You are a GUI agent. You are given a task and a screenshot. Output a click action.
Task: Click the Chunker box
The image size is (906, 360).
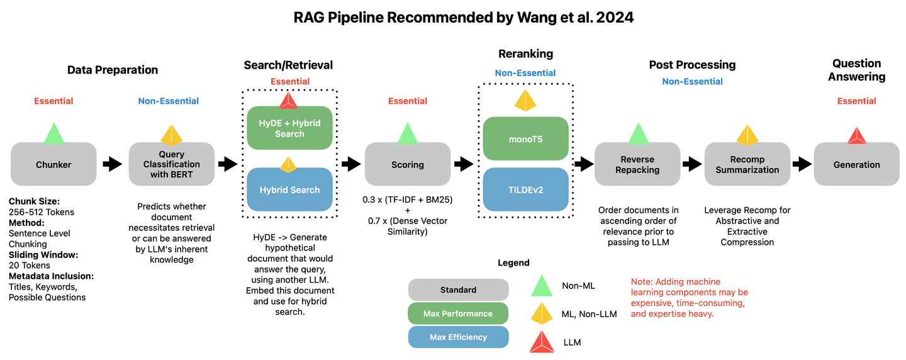pyautogui.click(x=53, y=164)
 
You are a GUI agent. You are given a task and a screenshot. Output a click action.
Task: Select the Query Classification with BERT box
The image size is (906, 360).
pyautogui.click(x=171, y=164)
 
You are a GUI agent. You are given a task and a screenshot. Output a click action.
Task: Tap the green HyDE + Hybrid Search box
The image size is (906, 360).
pyautogui.click(x=289, y=128)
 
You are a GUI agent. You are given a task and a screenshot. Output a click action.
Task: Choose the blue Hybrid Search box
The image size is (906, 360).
pyautogui.click(x=289, y=189)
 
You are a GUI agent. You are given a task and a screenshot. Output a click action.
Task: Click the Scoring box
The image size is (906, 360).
pyautogui.click(x=408, y=164)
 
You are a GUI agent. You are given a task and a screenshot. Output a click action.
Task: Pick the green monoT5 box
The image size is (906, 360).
pyautogui.click(x=526, y=138)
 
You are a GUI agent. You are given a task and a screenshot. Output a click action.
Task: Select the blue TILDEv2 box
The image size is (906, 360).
pyautogui.click(x=526, y=189)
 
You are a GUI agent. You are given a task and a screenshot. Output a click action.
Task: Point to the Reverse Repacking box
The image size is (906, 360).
pyautogui.click(x=637, y=164)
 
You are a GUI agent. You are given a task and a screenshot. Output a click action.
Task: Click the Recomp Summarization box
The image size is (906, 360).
pyautogui.click(x=747, y=164)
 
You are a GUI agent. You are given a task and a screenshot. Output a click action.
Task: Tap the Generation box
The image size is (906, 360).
pyautogui.click(x=856, y=164)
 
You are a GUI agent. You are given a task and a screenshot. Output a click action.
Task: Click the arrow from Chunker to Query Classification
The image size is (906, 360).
pyautogui.click(x=113, y=164)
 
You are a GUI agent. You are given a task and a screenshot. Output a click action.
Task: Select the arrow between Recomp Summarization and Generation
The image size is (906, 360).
pyautogui.click(x=802, y=164)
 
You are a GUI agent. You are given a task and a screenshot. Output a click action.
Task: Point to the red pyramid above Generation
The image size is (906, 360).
pyautogui.click(x=856, y=135)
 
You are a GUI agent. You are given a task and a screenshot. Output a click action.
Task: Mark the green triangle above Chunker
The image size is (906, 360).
pyautogui.click(x=53, y=133)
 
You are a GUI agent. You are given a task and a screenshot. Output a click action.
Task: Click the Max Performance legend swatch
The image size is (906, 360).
pyautogui.click(x=458, y=313)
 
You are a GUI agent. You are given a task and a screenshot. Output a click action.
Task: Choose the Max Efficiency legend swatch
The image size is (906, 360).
pyautogui.click(x=458, y=337)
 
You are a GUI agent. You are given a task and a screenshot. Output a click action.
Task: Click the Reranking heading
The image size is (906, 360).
pyautogui.click(x=525, y=53)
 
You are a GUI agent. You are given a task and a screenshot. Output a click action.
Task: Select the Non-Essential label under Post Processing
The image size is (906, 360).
pyautogui.click(x=692, y=81)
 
